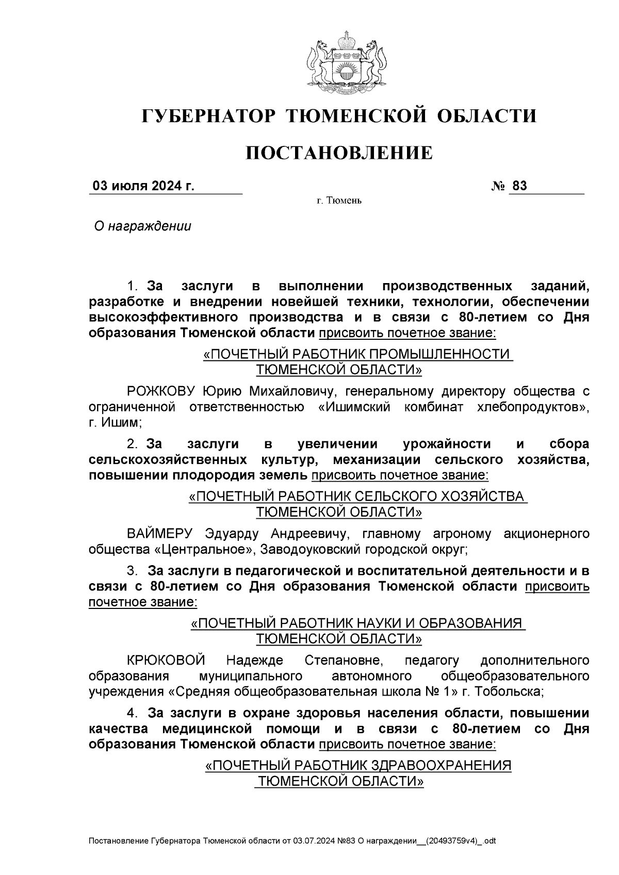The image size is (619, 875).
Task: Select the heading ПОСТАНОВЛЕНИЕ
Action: [x=338, y=153]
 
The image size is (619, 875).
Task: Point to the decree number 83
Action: [x=519, y=186]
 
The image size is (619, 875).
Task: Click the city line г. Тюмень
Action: [x=339, y=201]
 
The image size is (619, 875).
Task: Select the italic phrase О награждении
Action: [x=142, y=226]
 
